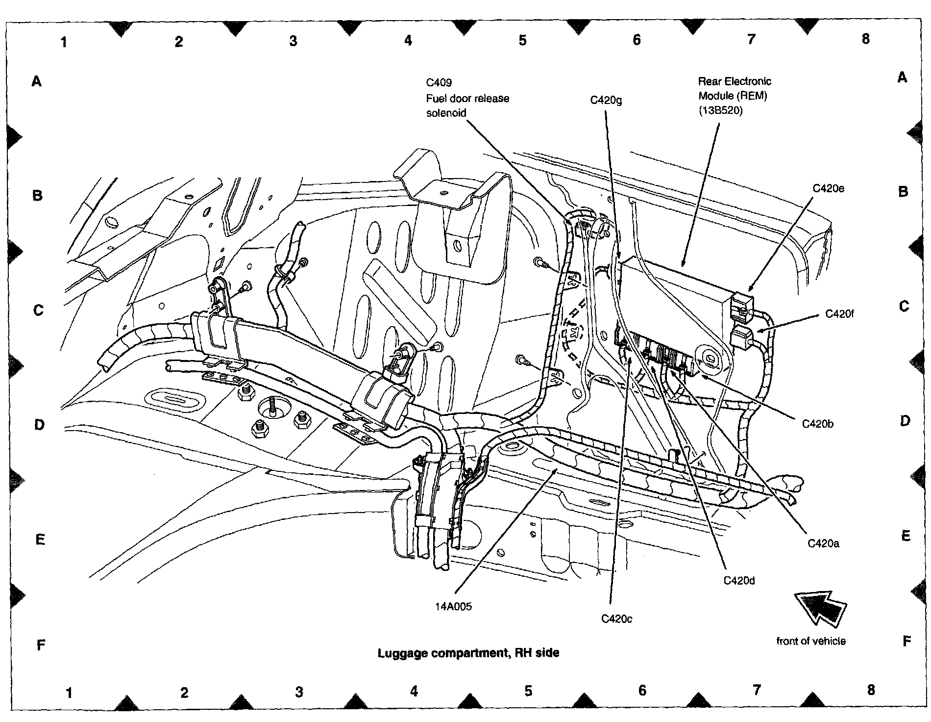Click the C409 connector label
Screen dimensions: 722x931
(x=439, y=82)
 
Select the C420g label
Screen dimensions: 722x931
(x=606, y=101)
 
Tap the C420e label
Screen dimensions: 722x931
(x=828, y=189)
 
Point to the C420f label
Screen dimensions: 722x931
(x=839, y=314)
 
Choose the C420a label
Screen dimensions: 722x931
(x=823, y=543)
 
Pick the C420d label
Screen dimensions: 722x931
(x=739, y=581)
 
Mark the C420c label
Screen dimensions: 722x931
(x=616, y=619)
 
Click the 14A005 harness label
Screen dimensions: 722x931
(x=453, y=607)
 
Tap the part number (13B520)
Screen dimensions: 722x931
(x=720, y=111)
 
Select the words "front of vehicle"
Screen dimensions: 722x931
(x=811, y=641)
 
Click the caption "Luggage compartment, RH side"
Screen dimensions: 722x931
(x=468, y=653)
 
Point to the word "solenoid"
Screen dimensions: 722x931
(x=446, y=113)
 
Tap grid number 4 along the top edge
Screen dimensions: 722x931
(x=408, y=41)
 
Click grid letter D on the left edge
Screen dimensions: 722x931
(x=39, y=425)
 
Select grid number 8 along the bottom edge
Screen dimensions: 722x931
(x=871, y=690)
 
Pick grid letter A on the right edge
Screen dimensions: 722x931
(x=902, y=77)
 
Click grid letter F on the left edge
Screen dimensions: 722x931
(x=41, y=645)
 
